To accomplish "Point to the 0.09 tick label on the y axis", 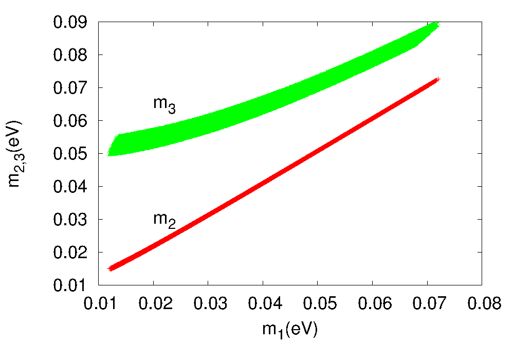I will coord(70,22).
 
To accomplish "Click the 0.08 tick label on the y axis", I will coord(70,55).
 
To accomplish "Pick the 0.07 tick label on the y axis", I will coord(70,88).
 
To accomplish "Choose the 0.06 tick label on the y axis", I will coord(70,121).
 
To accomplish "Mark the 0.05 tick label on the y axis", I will coord(70,154).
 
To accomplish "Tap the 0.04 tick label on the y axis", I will coord(70,187).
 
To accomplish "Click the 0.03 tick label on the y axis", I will coord(70,220).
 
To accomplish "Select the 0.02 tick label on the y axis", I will coord(70,253).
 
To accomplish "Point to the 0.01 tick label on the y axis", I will coord(70,285).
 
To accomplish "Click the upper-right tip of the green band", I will coord(437,23).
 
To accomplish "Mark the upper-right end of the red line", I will coord(437,80).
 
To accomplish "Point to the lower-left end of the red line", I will coord(110,268).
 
